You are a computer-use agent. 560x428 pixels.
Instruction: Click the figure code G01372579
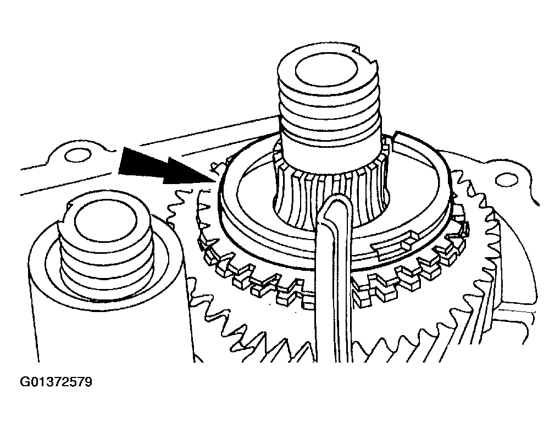pos(56,382)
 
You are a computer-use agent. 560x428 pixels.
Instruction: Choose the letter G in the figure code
pos(25,382)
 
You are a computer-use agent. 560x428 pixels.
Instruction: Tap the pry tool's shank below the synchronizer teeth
pos(334,321)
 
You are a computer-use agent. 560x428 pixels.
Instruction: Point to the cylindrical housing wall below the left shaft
pos(107,329)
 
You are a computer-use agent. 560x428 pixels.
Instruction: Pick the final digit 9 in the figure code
pos(88,382)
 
